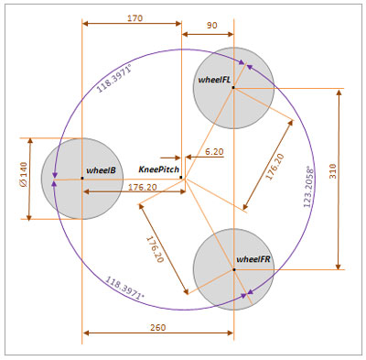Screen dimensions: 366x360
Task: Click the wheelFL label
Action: tap(214, 80)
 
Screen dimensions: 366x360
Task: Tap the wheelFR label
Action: tap(253, 259)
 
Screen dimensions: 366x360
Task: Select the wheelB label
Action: tap(101, 170)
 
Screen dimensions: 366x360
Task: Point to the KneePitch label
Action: tap(158, 169)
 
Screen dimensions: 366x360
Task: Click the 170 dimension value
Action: tap(135, 18)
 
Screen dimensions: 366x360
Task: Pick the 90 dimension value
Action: tap(212, 25)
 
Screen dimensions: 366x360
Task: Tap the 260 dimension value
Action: tap(158, 327)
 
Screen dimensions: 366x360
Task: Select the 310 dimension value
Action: tap(332, 171)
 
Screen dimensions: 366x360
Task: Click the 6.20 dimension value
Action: tap(214, 151)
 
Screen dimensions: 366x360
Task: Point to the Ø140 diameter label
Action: tap(24, 174)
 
